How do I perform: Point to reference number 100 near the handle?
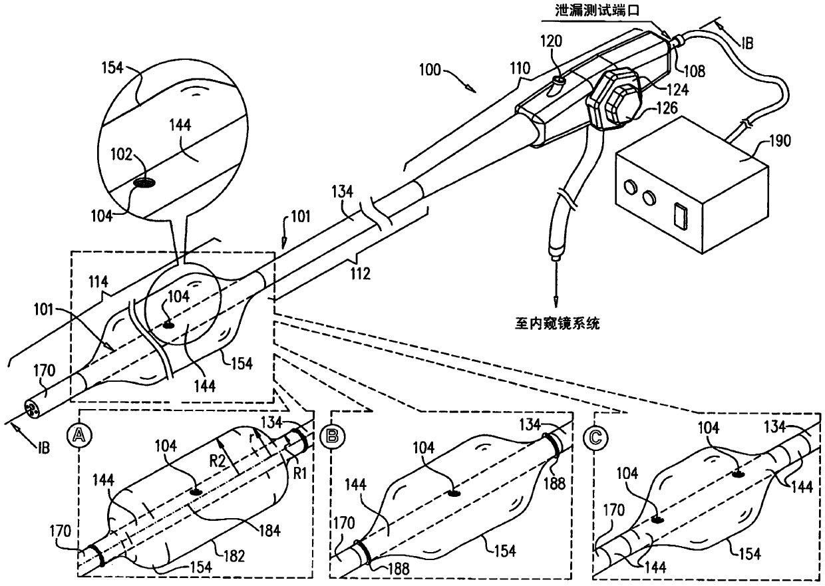(433, 69)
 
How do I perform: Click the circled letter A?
(80, 437)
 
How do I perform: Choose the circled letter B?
(330, 437)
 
